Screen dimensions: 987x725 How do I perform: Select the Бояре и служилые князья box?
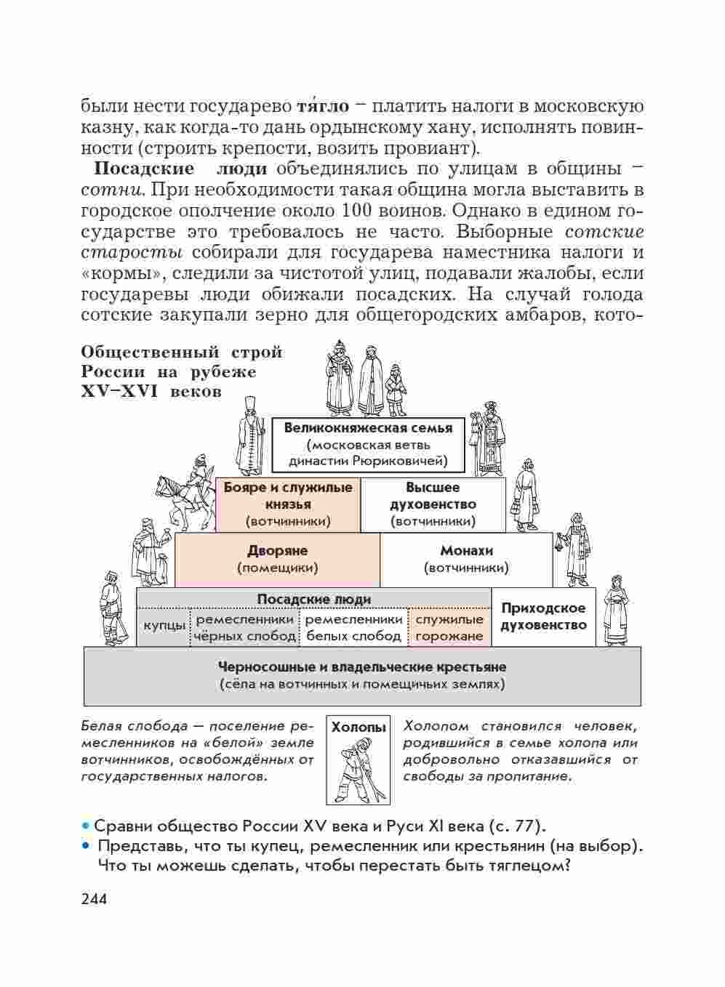tap(288, 504)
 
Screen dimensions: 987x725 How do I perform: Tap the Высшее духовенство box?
tap(433, 504)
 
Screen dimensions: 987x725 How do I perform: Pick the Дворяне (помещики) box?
tap(277, 559)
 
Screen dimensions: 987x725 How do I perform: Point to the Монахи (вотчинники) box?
tap(465, 559)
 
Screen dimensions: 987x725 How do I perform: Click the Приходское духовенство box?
tap(543, 617)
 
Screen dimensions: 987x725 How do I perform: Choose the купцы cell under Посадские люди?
tap(164, 627)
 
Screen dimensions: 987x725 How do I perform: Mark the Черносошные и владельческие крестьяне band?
tap(362, 675)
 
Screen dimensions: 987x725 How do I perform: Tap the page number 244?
tap(95, 899)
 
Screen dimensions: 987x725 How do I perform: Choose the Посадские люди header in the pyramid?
tap(313, 599)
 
